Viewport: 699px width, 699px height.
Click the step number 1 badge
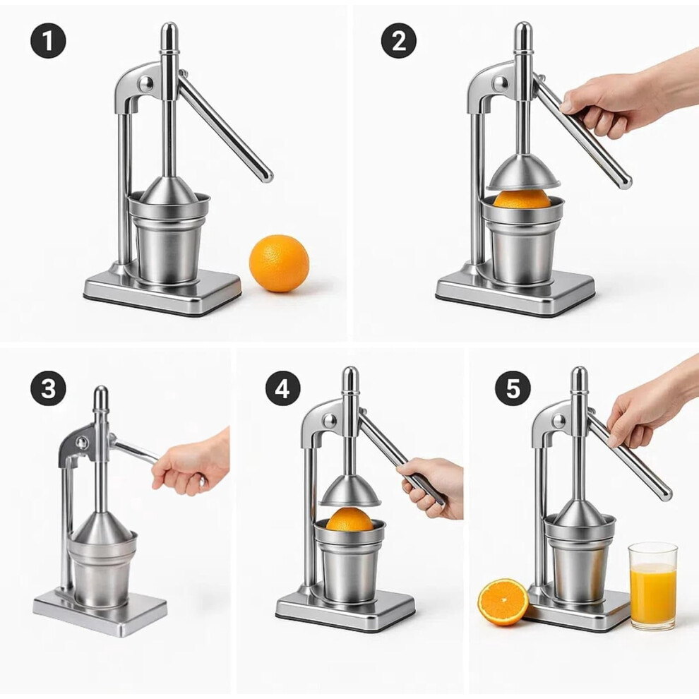pos(48,40)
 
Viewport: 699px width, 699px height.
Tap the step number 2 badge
pos(398,40)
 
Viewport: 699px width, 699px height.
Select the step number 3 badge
pos(48,388)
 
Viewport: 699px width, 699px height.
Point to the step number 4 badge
pos(282,388)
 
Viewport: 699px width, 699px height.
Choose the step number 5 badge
pos(513,388)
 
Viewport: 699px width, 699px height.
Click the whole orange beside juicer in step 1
pos(279,263)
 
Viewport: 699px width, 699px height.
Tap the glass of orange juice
pos(653,586)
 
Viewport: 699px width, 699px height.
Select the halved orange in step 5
pos(503,602)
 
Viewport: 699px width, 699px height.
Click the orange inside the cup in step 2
pos(522,199)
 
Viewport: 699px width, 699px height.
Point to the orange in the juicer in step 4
pos(349,520)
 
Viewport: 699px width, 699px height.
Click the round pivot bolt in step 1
pos(145,83)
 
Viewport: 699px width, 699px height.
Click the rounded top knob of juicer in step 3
pos(101,398)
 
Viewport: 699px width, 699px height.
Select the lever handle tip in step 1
pos(267,176)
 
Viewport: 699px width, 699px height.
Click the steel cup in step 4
pos(350,560)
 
